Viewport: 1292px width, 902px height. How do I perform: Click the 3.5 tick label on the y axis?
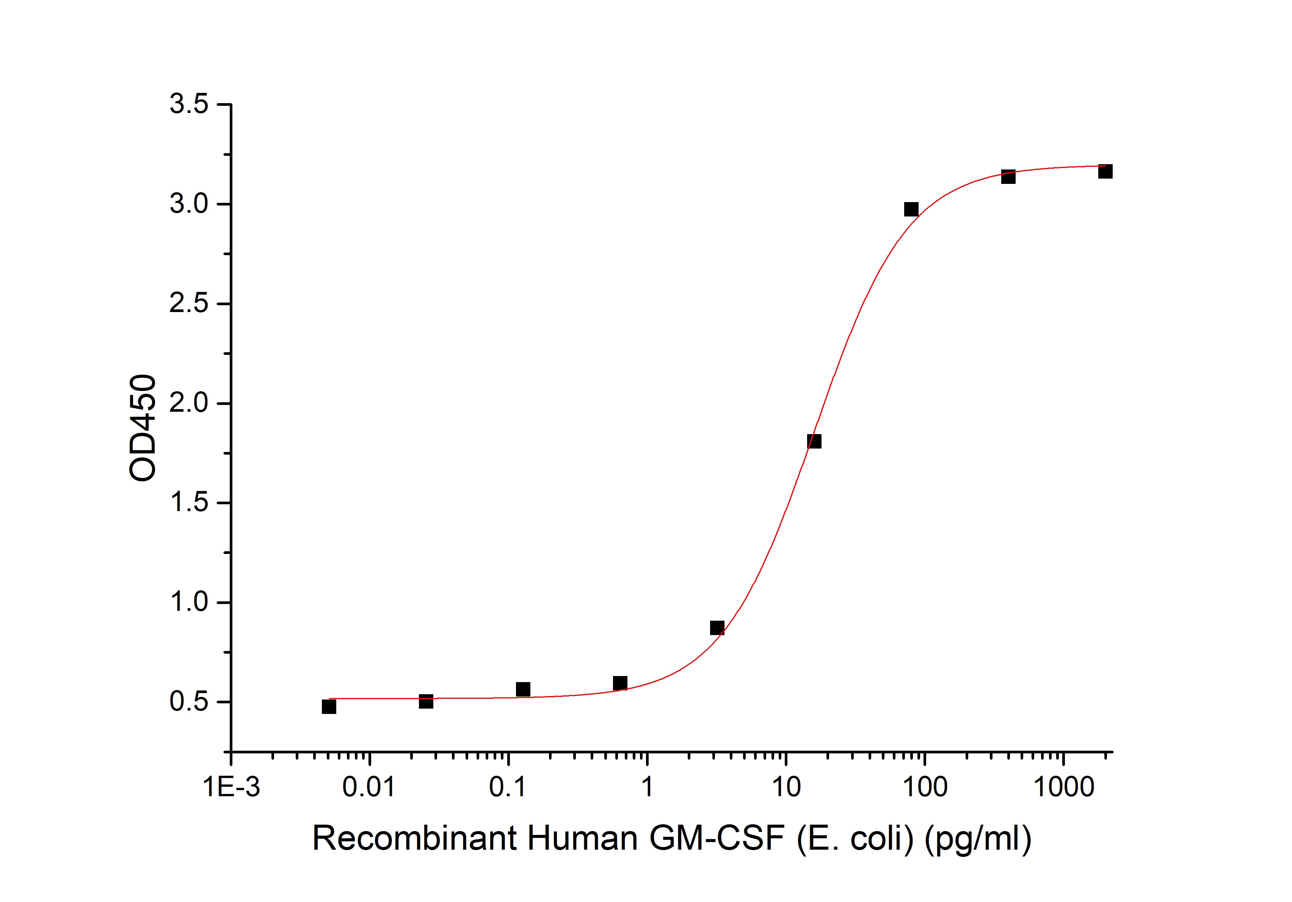(189, 104)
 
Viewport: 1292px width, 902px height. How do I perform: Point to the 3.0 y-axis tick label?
(189, 204)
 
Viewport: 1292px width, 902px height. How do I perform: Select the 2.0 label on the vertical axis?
(189, 403)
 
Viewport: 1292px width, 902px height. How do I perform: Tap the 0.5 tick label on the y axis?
(189, 702)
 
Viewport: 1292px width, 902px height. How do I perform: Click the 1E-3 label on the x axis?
(231, 787)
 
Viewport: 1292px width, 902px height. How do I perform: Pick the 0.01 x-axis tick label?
(369, 787)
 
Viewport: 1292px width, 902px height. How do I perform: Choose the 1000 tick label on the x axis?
(1063, 787)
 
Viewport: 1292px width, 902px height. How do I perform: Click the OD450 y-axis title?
(143, 428)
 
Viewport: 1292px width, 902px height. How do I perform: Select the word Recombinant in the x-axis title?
(414, 838)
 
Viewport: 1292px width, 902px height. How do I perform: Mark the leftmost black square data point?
(329, 707)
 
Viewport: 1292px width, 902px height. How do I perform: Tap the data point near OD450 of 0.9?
(717, 628)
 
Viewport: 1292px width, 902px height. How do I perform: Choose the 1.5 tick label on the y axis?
(189, 502)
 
